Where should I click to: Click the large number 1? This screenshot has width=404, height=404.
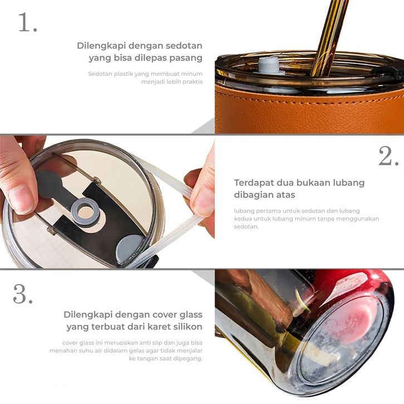pyautogui.click(x=28, y=23)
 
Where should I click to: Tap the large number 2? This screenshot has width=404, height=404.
pyautogui.click(x=388, y=156)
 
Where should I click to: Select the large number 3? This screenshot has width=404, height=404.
pyautogui.click(x=23, y=294)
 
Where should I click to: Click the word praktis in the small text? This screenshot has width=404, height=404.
pyautogui.click(x=193, y=82)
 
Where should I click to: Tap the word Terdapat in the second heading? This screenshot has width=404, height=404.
pyautogui.click(x=254, y=183)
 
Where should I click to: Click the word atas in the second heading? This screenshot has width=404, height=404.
pyautogui.click(x=285, y=195)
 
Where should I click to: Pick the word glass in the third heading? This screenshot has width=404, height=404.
pyautogui.click(x=189, y=315)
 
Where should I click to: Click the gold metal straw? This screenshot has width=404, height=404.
pyautogui.click(x=329, y=36)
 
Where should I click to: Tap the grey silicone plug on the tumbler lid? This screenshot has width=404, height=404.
pyautogui.click(x=268, y=66)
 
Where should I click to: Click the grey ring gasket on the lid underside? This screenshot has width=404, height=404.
pyautogui.click(x=85, y=212)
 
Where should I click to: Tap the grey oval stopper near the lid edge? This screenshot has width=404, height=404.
pyautogui.click(x=129, y=248)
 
